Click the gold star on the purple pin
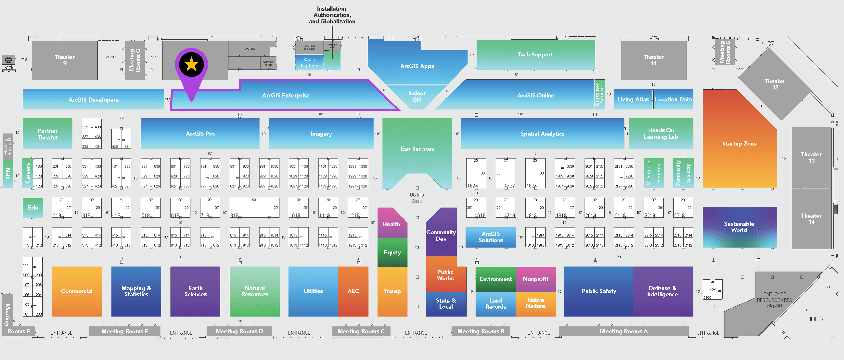tap(191, 65)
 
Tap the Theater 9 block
tap(65, 60)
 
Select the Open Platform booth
tap(309, 62)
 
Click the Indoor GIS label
tap(417, 96)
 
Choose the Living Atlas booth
tap(633, 99)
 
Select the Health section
tap(392, 224)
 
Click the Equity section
tap(392, 252)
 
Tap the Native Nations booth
tap(535, 303)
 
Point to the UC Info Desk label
tap(417, 198)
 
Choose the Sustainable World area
tap(739, 227)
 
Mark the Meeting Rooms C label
tap(361, 331)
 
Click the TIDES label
tap(814, 319)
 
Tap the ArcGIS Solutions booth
tap(490, 237)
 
